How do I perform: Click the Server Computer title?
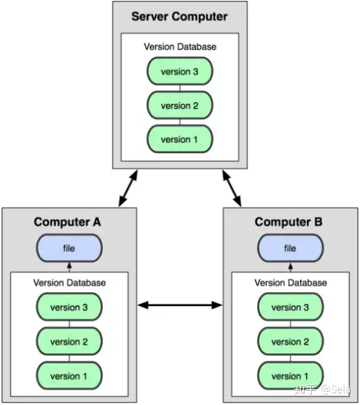[179, 17]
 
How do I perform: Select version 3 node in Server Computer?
[180, 71]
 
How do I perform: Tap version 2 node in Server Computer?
[180, 106]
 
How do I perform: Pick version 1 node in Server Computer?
[180, 139]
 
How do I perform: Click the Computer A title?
[67, 222]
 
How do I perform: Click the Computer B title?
[289, 222]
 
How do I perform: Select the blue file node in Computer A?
[69, 248]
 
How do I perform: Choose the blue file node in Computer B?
[290, 248]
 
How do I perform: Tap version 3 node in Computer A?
[69, 307]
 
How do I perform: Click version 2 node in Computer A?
[69, 342]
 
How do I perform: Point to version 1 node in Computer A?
[69, 376]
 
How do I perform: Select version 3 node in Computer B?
[290, 307]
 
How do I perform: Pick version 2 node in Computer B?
[290, 342]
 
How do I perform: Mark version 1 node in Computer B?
[290, 376]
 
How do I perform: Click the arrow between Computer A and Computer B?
[180, 305]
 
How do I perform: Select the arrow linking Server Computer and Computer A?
[128, 188]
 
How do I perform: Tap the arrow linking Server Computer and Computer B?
[232, 188]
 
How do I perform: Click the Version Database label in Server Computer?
[180, 47]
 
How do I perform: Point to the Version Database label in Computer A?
[69, 283]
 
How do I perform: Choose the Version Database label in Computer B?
[291, 283]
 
